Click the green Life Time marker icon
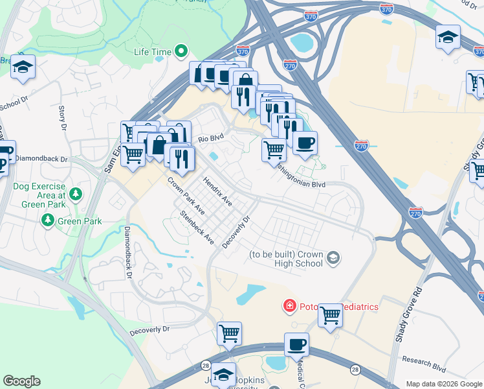[x=182, y=51]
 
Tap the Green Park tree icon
[x=48, y=221]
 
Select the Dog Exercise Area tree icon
[x=76, y=194]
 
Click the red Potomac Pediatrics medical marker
[x=289, y=305]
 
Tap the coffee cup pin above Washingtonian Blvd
[x=305, y=142]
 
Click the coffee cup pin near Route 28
[x=296, y=344]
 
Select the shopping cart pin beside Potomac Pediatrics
[x=330, y=316]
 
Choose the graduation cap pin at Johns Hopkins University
[x=224, y=375]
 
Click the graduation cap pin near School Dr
[x=23, y=67]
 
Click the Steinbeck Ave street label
[x=197, y=227]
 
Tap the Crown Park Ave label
[x=186, y=196]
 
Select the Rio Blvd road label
[x=210, y=138]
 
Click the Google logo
[x=21, y=381]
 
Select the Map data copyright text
[x=443, y=384]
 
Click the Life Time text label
[x=153, y=52]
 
